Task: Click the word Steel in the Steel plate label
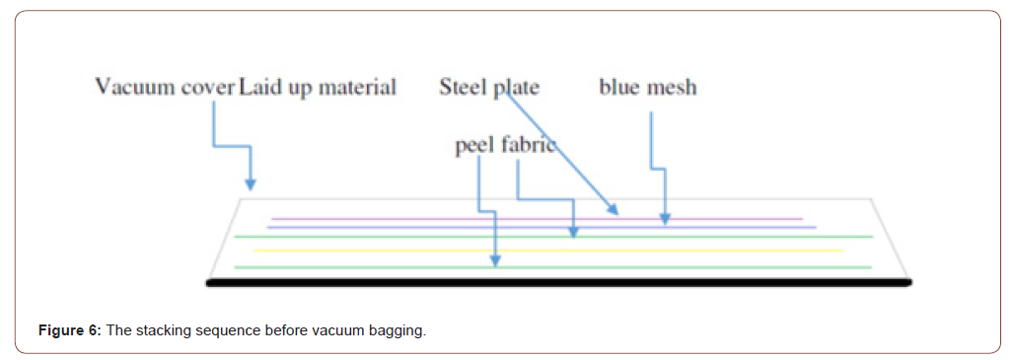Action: click(x=464, y=87)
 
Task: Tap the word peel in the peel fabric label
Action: click(x=475, y=146)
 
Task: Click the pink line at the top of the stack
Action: click(x=538, y=219)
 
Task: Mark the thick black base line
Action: click(x=558, y=283)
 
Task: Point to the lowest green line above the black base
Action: click(x=552, y=267)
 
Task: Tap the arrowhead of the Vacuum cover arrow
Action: click(x=251, y=184)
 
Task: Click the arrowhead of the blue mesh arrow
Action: click(x=666, y=220)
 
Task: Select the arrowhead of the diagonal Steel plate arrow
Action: click(x=615, y=210)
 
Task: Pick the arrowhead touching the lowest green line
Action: click(x=496, y=261)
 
